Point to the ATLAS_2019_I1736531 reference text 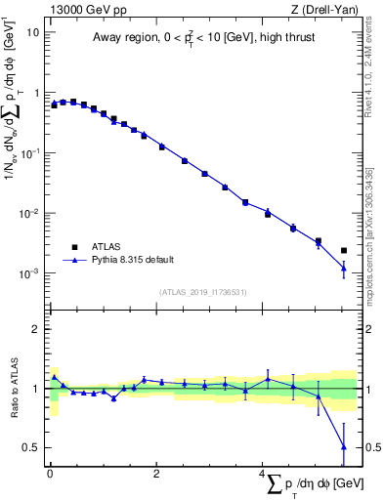(203, 292)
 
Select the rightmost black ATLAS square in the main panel (343, 251)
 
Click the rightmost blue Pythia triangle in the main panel (343, 268)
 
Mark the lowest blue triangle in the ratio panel (343, 447)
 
